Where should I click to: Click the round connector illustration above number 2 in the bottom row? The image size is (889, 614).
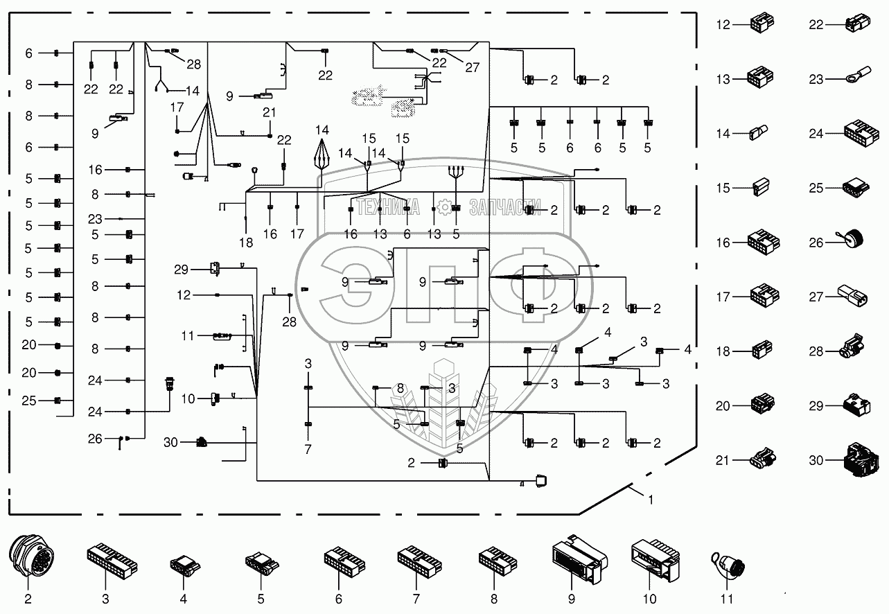[31, 556]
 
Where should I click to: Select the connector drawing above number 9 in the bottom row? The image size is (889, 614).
[579, 559]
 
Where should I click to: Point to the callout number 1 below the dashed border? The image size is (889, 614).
[650, 500]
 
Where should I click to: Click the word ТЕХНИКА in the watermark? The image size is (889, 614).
[387, 207]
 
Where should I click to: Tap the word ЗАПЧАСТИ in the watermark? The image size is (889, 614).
[505, 207]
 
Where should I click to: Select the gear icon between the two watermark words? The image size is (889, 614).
[444, 207]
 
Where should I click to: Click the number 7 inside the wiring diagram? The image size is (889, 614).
[308, 449]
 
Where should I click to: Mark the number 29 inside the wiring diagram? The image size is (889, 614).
[181, 270]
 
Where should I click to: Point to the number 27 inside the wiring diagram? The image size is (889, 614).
[473, 67]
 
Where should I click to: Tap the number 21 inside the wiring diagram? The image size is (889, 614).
[269, 112]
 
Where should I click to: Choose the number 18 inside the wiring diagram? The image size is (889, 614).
[246, 243]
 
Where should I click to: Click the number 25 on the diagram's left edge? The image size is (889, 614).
[29, 401]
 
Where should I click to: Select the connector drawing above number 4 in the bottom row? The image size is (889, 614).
[185, 565]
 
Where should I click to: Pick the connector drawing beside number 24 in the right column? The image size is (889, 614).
[861, 132]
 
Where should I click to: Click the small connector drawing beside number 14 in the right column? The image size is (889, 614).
[759, 132]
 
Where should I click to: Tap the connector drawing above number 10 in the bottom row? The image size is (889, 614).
[655, 560]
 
